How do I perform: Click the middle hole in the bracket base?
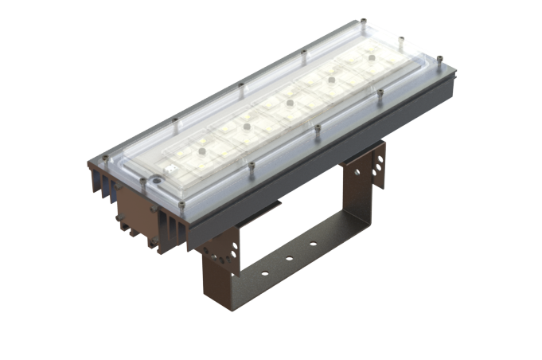(x=289, y=260)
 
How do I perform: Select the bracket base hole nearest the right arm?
(x=313, y=245)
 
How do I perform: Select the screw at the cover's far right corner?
(x=439, y=58)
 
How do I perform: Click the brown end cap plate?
(x=135, y=215)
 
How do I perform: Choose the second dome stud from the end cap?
(x=246, y=126)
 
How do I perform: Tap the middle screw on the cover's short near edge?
(x=143, y=182)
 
